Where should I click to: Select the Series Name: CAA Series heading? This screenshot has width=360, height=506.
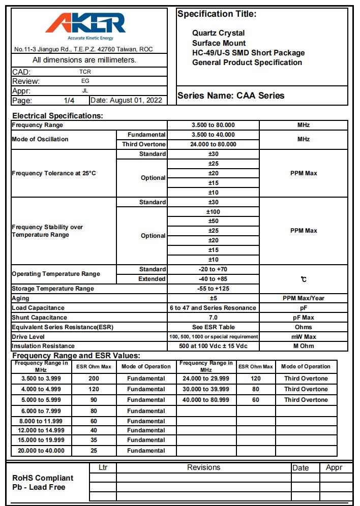pyautogui.click(x=230, y=96)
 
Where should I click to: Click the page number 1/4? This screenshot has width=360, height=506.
pyautogui.click(x=69, y=100)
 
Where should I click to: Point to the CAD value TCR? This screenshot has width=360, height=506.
pyautogui.click(x=85, y=72)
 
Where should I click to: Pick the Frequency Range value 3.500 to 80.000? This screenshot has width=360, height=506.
pyautogui.click(x=213, y=125)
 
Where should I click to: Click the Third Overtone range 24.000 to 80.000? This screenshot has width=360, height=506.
pyautogui.click(x=213, y=144)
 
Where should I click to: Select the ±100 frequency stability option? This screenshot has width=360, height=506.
pyautogui.click(x=213, y=212)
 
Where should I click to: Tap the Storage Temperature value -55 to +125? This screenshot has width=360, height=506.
pyautogui.click(x=213, y=289)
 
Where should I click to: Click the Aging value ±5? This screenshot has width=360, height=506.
pyautogui.click(x=213, y=298)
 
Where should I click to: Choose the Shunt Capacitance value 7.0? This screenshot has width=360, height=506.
pyautogui.click(x=213, y=318)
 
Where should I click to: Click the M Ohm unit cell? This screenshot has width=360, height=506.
pyautogui.click(x=304, y=346)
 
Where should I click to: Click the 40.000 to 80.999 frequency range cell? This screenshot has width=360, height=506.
pyautogui.click(x=206, y=400)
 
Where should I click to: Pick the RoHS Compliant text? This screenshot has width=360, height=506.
pyautogui.click(x=43, y=478)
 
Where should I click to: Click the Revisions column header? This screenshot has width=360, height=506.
pyautogui.click(x=203, y=467)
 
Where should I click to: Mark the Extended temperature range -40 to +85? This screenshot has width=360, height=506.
pyautogui.click(x=213, y=279)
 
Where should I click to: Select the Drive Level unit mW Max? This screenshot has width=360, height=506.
pyautogui.click(x=304, y=337)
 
